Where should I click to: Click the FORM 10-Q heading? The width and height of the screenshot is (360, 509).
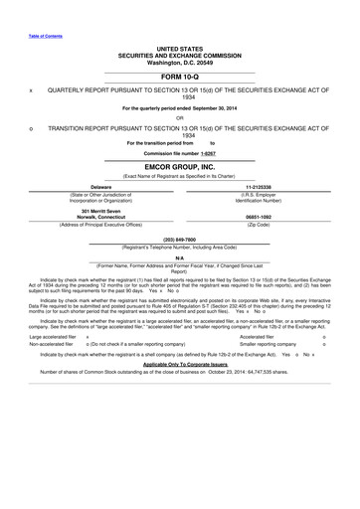click(179, 76)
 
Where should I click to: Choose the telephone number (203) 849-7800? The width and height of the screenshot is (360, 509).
click(179, 239)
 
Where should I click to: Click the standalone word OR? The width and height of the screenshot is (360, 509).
click(179, 117)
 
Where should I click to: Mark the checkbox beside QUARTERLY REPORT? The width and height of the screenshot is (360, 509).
click(32, 89)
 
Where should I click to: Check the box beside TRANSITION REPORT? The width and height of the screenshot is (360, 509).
click(32, 128)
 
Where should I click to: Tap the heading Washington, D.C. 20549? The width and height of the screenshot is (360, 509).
click(179, 62)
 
